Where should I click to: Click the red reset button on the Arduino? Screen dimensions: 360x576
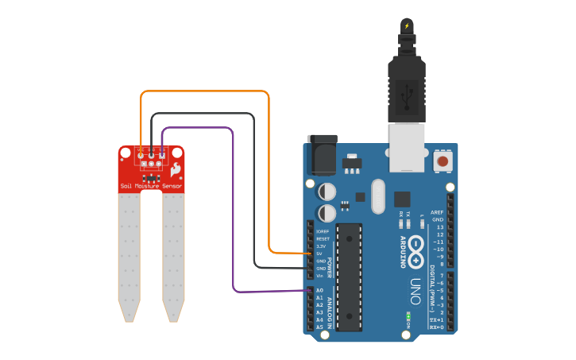442,162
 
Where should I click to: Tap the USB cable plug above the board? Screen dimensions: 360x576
406,87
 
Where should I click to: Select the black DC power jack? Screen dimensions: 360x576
322,154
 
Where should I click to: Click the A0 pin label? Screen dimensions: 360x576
319,291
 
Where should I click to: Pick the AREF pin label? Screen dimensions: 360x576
437,212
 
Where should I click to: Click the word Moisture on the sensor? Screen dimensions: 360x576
151,186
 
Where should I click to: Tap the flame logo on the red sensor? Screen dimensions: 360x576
176,169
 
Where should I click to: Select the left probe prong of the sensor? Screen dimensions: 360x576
130,254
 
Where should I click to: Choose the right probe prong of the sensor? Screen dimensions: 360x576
173,254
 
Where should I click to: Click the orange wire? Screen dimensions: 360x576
207,91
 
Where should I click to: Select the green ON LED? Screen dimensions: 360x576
408,315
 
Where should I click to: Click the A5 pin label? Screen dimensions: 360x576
319,327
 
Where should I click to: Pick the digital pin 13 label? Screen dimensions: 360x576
439,227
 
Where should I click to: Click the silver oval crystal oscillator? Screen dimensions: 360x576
377,196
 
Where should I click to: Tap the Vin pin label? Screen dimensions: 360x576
319,276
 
